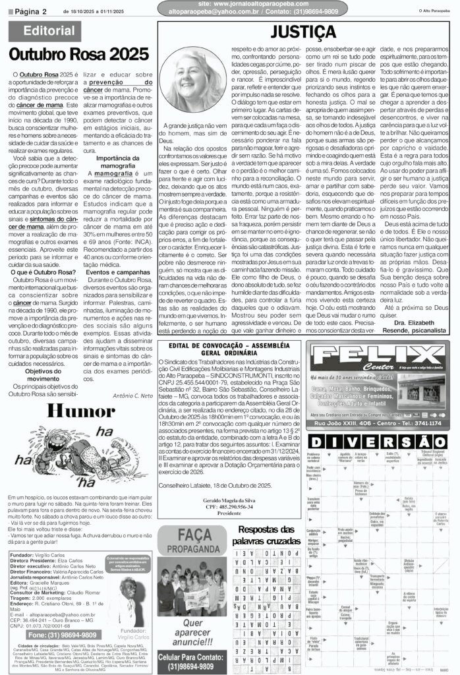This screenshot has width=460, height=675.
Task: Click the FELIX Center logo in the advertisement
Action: click(x=377, y=359)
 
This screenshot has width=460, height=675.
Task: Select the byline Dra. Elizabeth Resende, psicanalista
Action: click(x=409, y=326)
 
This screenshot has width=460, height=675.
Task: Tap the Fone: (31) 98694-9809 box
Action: click(x=45, y=635)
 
